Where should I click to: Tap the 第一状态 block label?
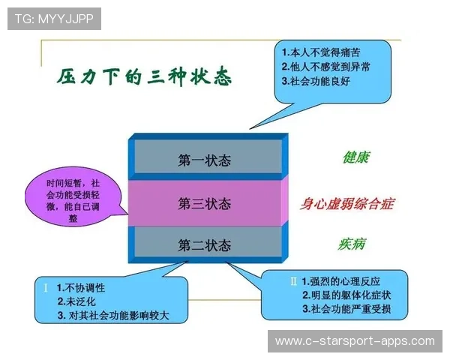[204, 160]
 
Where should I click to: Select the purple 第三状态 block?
[204, 203]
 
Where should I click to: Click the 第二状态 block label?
[204, 244]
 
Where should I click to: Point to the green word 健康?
[355, 158]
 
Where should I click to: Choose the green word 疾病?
[352, 244]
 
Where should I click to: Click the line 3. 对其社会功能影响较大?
[112, 315]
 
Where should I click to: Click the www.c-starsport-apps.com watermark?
[355, 341]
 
